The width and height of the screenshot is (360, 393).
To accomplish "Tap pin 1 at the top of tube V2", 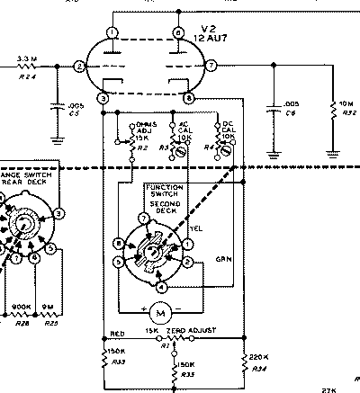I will [x=110, y=33].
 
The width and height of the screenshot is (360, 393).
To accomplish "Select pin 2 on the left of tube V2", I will [x=80, y=67].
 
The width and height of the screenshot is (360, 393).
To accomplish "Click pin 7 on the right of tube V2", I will [x=211, y=67].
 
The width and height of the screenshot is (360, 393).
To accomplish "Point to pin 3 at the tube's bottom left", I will [x=104, y=97].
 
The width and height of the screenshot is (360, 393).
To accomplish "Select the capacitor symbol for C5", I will [x=59, y=106].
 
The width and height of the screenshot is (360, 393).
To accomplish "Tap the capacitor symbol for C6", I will [x=272, y=107].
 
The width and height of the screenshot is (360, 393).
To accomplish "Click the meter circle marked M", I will [x=160, y=312].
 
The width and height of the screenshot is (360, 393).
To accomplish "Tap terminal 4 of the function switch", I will [x=161, y=287].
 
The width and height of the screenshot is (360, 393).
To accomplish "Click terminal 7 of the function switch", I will [x=143, y=219].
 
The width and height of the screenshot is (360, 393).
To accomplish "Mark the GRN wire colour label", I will [x=223, y=259].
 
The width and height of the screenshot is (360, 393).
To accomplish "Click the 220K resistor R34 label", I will [x=258, y=362].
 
